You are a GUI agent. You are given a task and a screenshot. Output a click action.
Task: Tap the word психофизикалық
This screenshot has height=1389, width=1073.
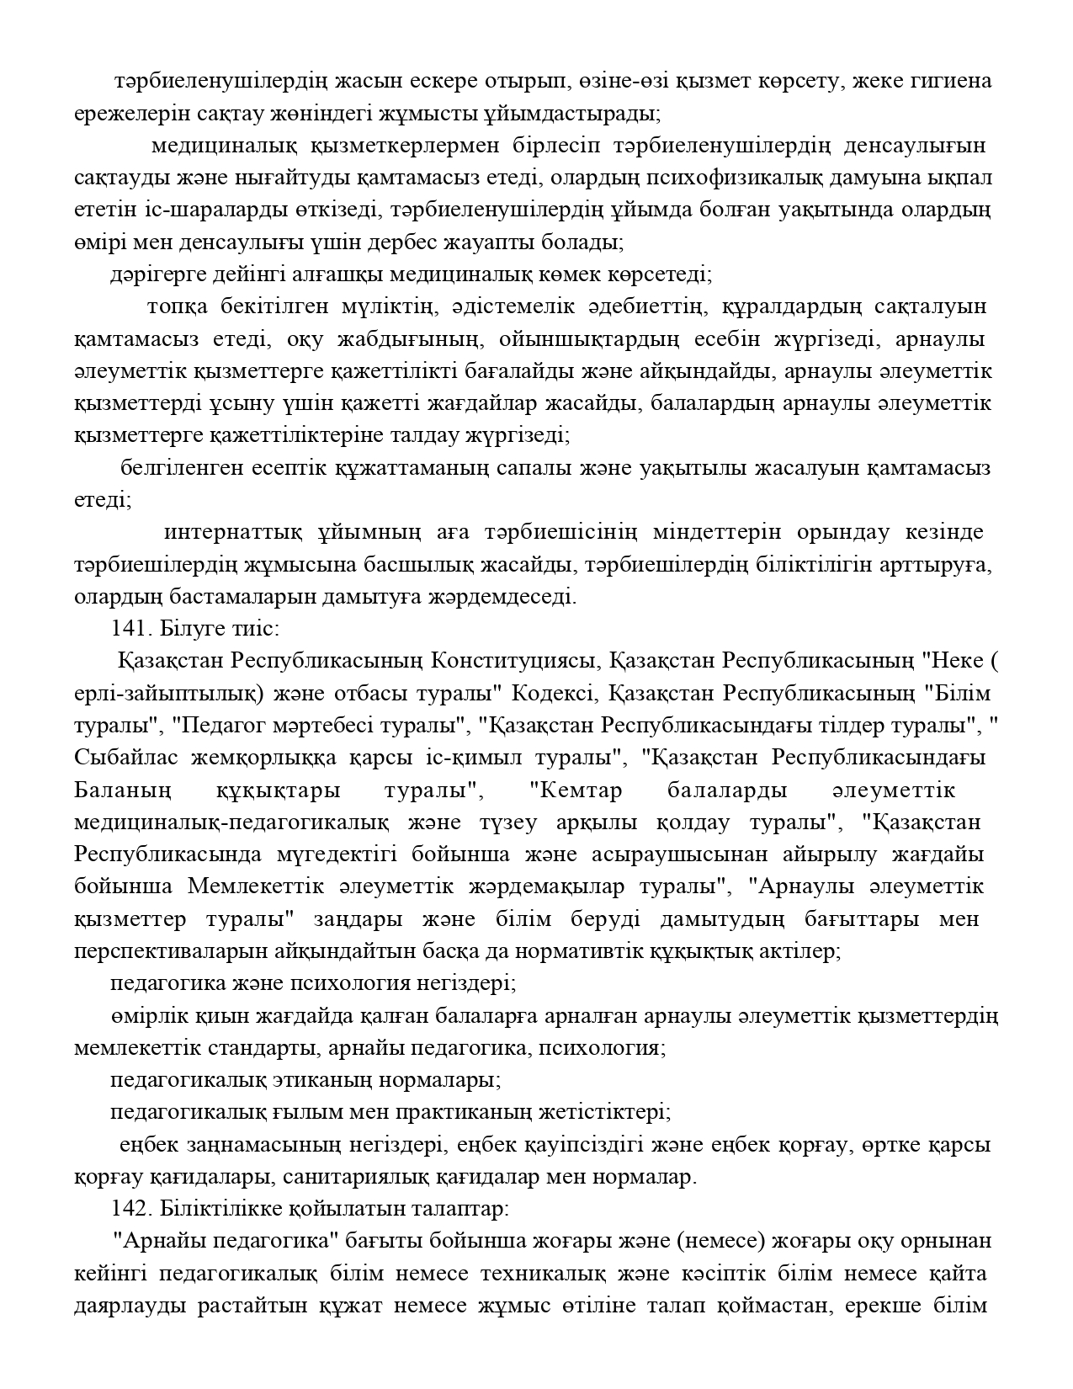(725, 178)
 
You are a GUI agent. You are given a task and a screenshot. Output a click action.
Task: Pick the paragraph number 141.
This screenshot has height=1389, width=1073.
(129, 629)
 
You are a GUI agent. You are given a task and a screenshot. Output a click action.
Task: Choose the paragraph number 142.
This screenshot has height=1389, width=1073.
(129, 1210)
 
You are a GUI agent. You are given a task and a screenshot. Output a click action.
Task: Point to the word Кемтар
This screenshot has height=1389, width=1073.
(576, 791)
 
